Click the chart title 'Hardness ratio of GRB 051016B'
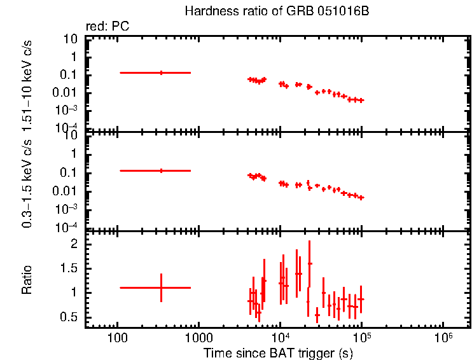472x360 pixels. tap(276, 11)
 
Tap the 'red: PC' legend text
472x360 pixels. tap(113, 27)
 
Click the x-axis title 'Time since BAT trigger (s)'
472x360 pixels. tap(278, 352)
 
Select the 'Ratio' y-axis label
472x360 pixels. tap(27, 280)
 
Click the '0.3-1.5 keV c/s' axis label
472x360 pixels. tap(27, 183)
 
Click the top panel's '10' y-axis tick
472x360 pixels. tap(71, 39)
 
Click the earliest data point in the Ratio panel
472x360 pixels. tap(161, 287)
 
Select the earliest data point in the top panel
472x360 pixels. tap(161, 73)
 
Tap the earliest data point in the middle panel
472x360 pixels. tap(161, 170)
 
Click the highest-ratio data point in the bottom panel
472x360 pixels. tap(310, 263)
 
